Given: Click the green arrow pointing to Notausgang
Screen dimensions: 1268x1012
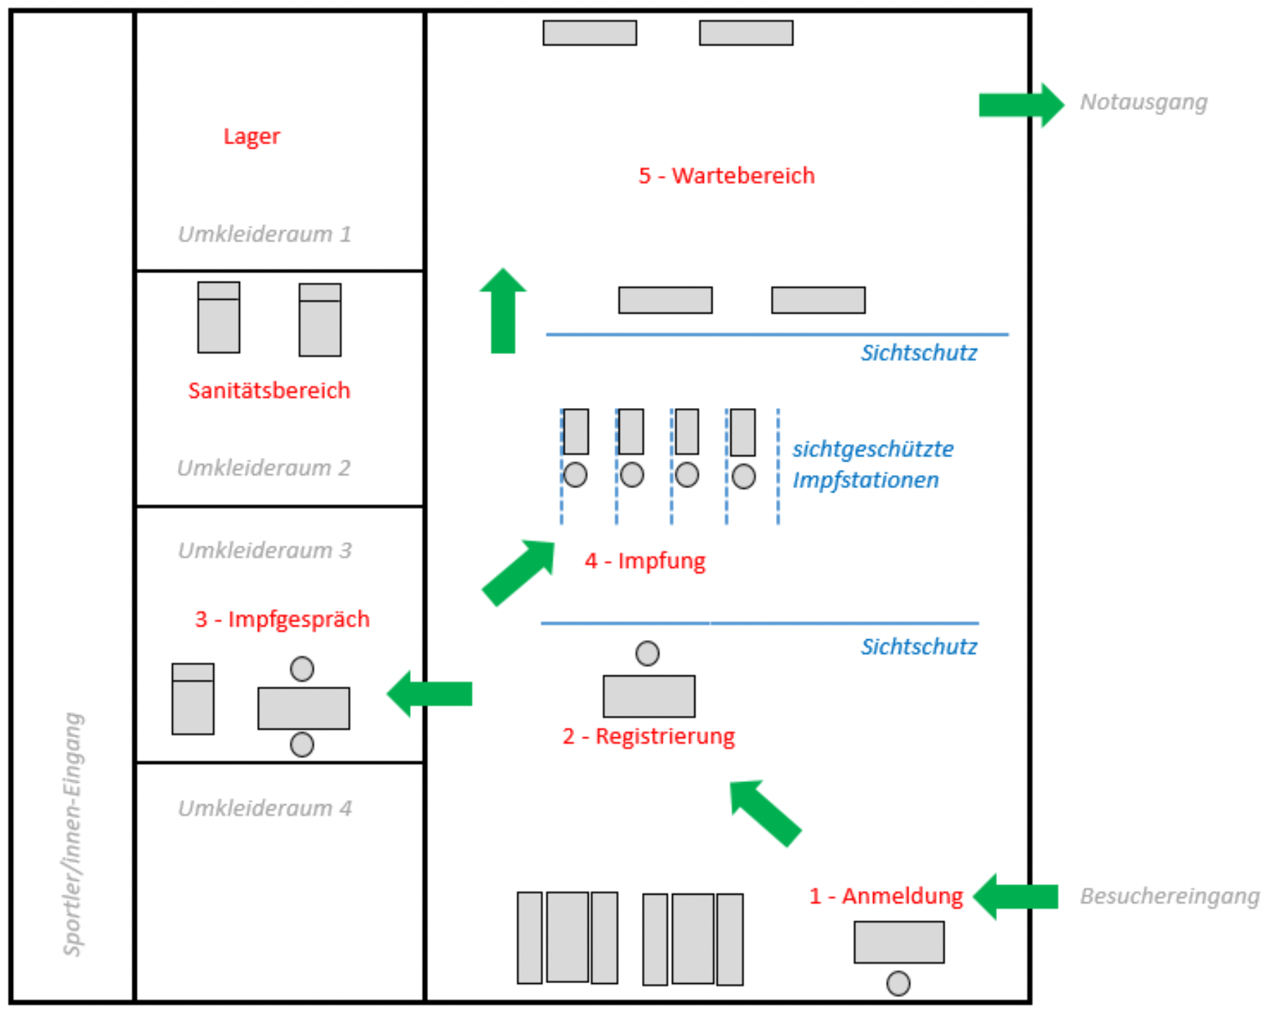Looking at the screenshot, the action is [x=1021, y=105].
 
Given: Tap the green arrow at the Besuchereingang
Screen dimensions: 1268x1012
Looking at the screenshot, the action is [x=1015, y=897].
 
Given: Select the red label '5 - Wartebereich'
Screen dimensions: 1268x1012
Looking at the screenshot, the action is [x=726, y=175].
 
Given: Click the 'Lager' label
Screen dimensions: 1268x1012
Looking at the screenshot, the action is [x=251, y=136].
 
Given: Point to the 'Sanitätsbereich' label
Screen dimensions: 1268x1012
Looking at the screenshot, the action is [x=269, y=390].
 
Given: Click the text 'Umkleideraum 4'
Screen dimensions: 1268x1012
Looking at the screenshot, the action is [x=264, y=808].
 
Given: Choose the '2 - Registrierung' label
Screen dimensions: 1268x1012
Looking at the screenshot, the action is [x=648, y=736].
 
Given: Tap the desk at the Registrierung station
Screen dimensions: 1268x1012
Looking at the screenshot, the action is [x=649, y=696].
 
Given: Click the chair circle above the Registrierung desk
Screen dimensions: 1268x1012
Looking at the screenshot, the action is [x=648, y=653].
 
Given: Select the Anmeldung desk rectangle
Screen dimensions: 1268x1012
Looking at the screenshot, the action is [x=899, y=942].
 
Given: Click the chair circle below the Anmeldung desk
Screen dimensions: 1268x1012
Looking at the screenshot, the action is [x=898, y=983].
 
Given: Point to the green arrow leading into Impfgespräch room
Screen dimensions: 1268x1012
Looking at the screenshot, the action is [x=429, y=693].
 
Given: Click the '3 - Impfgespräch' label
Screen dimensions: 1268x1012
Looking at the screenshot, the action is [x=282, y=619].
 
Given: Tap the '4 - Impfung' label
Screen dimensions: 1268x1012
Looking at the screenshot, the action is [x=645, y=561].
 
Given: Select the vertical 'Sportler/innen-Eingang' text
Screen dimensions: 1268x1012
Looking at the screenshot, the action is [x=73, y=834].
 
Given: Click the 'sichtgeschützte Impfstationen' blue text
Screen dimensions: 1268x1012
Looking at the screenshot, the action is [x=872, y=464].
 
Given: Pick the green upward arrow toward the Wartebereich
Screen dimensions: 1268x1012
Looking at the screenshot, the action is [x=503, y=311].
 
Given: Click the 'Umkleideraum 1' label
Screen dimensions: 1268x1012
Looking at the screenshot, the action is [x=264, y=234].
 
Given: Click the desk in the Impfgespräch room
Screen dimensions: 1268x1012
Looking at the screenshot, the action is [x=304, y=709].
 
